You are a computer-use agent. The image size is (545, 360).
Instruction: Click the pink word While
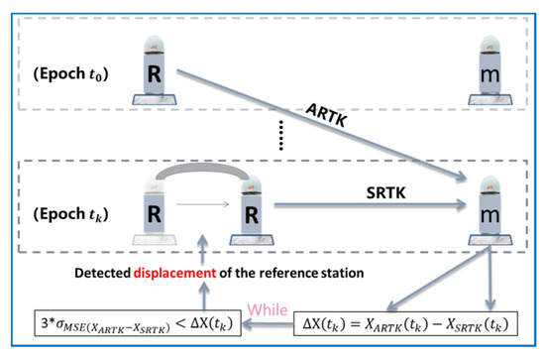pos(269,306)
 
